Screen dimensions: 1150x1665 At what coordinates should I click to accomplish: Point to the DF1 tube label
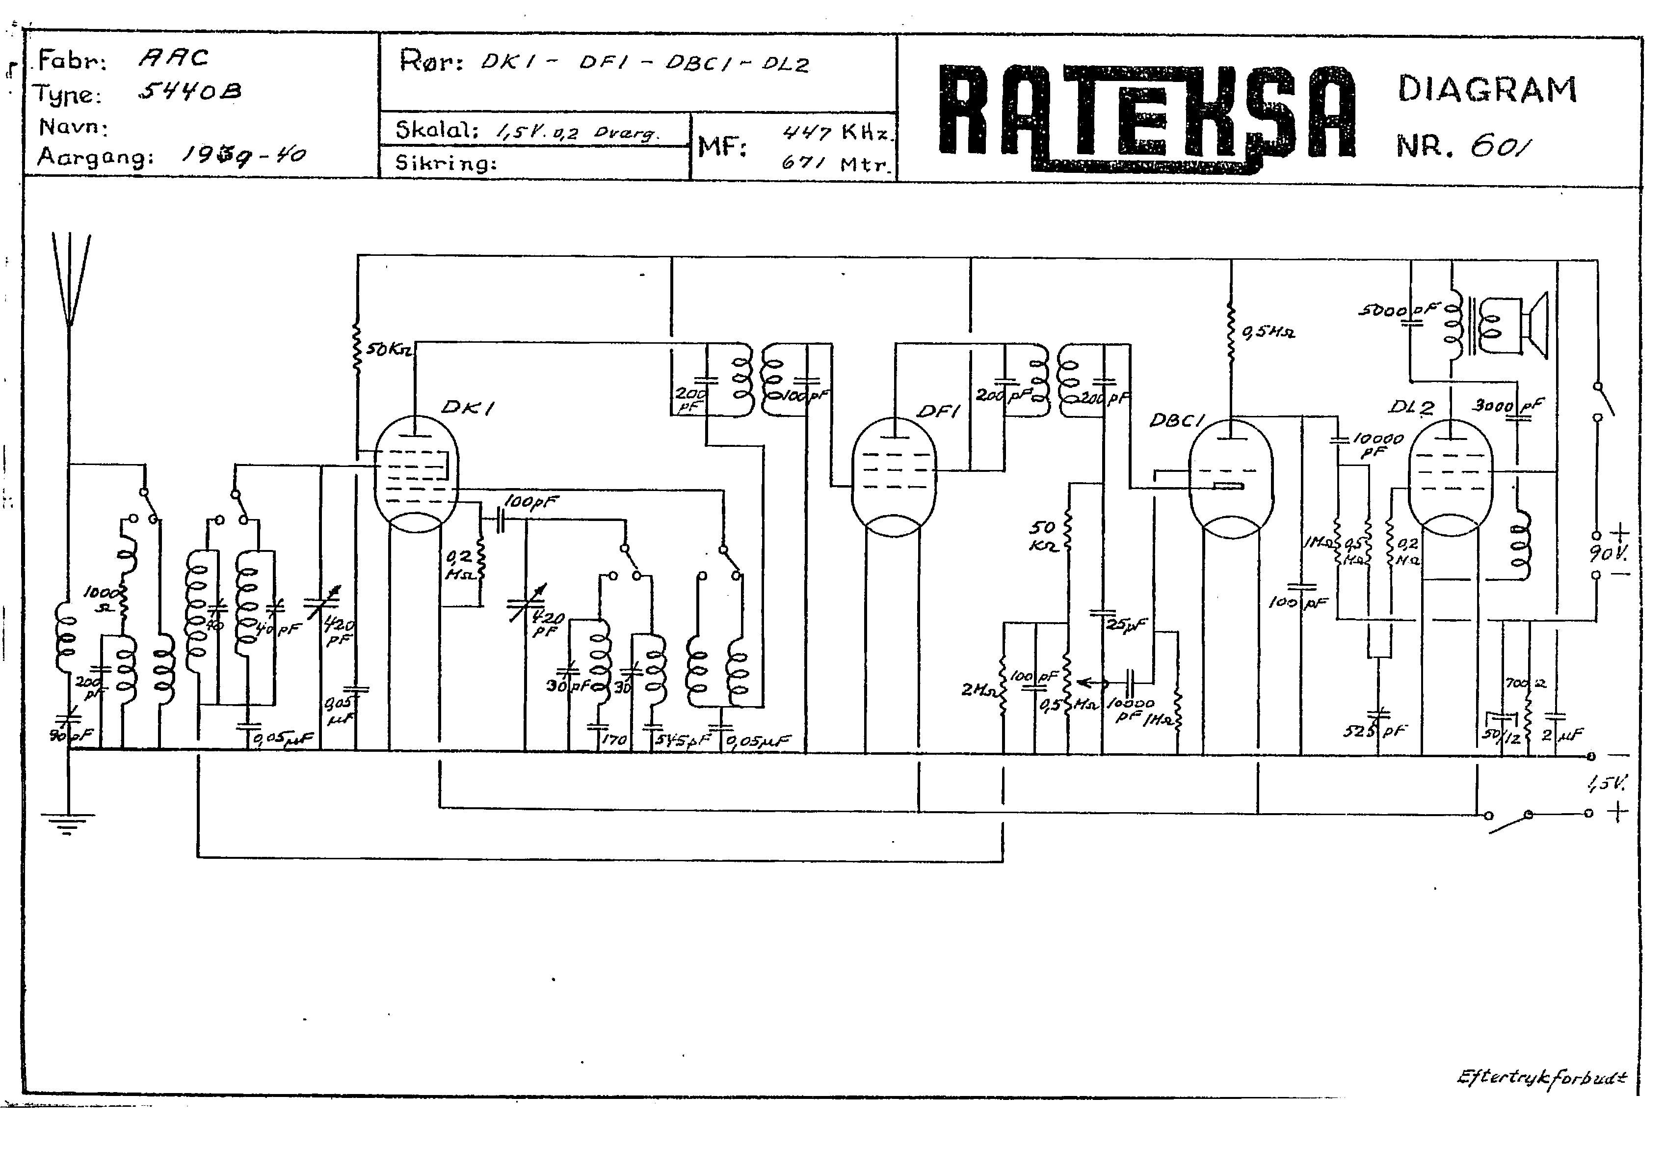(x=938, y=411)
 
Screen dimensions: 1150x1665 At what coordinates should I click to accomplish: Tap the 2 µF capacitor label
(x=1561, y=735)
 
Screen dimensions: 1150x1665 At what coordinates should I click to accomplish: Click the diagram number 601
(x=1500, y=147)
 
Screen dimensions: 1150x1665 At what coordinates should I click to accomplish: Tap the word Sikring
(x=446, y=164)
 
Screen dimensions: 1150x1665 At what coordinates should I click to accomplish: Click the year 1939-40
(x=243, y=155)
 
